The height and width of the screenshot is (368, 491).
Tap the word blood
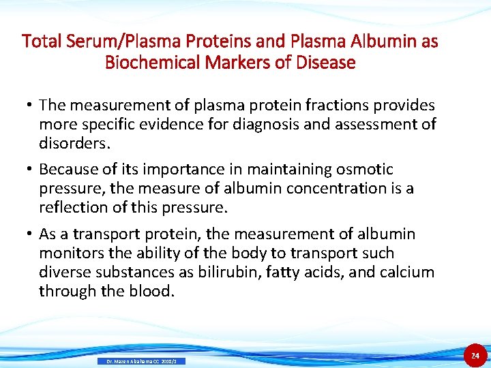pos(151,291)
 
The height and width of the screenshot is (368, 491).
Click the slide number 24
pos(475,355)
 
